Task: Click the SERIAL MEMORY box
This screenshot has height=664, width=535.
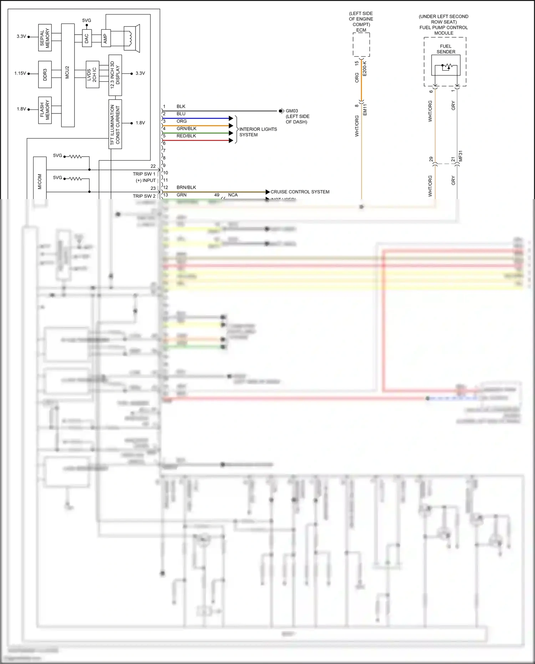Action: tap(45, 37)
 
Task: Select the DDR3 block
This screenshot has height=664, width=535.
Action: tap(45, 74)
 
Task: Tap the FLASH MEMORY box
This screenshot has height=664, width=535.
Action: tap(45, 110)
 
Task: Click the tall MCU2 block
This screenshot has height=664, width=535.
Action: tap(68, 75)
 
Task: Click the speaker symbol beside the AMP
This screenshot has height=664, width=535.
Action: tap(131, 38)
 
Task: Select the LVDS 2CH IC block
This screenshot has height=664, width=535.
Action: tap(92, 74)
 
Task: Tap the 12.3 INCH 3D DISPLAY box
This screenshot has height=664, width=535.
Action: tap(115, 75)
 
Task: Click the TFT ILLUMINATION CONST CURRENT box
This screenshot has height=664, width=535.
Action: tap(115, 124)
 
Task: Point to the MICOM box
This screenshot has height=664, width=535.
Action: tap(40, 178)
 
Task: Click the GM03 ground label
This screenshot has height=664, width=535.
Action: tap(292, 111)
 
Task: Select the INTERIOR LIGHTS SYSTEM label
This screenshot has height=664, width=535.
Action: tap(258, 132)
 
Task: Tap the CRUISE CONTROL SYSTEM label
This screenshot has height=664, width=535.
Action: tap(300, 192)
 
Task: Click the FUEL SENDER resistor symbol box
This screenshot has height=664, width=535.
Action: tap(446, 66)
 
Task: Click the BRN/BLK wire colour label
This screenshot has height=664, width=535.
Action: tap(186, 187)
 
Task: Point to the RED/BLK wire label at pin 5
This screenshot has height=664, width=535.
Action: tap(186, 136)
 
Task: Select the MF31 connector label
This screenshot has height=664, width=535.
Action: tap(460, 156)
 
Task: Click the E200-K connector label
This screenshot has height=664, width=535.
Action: tap(365, 69)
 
